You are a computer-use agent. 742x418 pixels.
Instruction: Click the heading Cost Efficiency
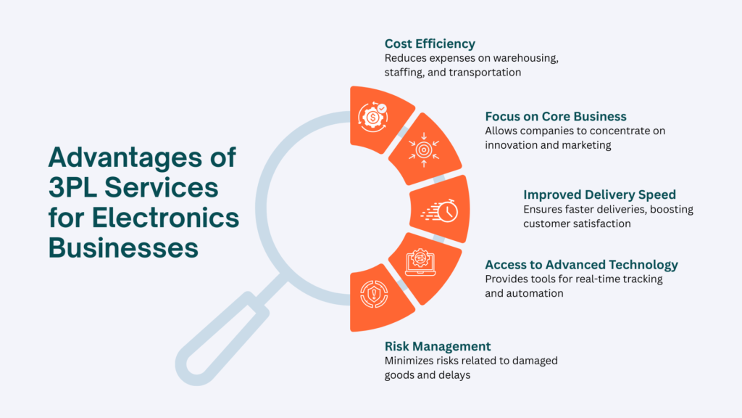point(430,44)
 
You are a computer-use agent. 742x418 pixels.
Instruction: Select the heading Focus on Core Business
point(556,116)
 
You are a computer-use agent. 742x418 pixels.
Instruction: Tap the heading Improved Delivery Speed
point(599,194)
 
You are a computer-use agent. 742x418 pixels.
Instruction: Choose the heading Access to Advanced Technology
point(581,264)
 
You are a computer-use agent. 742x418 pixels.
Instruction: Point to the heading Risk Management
point(438,346)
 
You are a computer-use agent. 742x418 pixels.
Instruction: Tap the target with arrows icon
point(425,148)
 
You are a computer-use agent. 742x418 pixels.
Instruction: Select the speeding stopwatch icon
point(440,210)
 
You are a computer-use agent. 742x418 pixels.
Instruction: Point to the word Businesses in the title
point(123,247)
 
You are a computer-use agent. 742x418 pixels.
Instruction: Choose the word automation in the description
point(539,293)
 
